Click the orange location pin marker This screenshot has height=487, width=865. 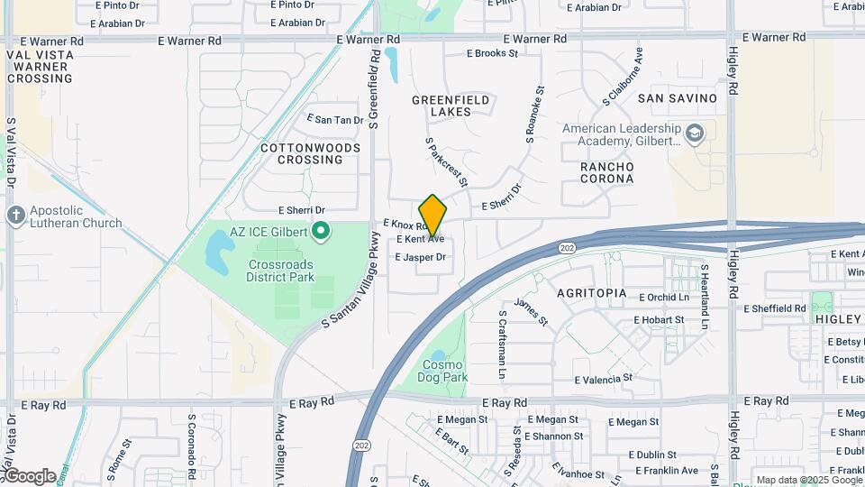(432, 216)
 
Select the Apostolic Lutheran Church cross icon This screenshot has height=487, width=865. (15, 216)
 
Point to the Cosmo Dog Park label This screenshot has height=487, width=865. (444, 371)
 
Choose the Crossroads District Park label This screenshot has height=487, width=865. (280, 271)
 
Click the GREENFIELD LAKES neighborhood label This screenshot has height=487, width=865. (451, 106)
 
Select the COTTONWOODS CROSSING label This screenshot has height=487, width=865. (302, 153)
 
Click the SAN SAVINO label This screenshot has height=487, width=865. (677, 97)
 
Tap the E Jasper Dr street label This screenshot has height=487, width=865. (421, 258)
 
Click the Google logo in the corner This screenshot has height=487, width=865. (29, 475)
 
